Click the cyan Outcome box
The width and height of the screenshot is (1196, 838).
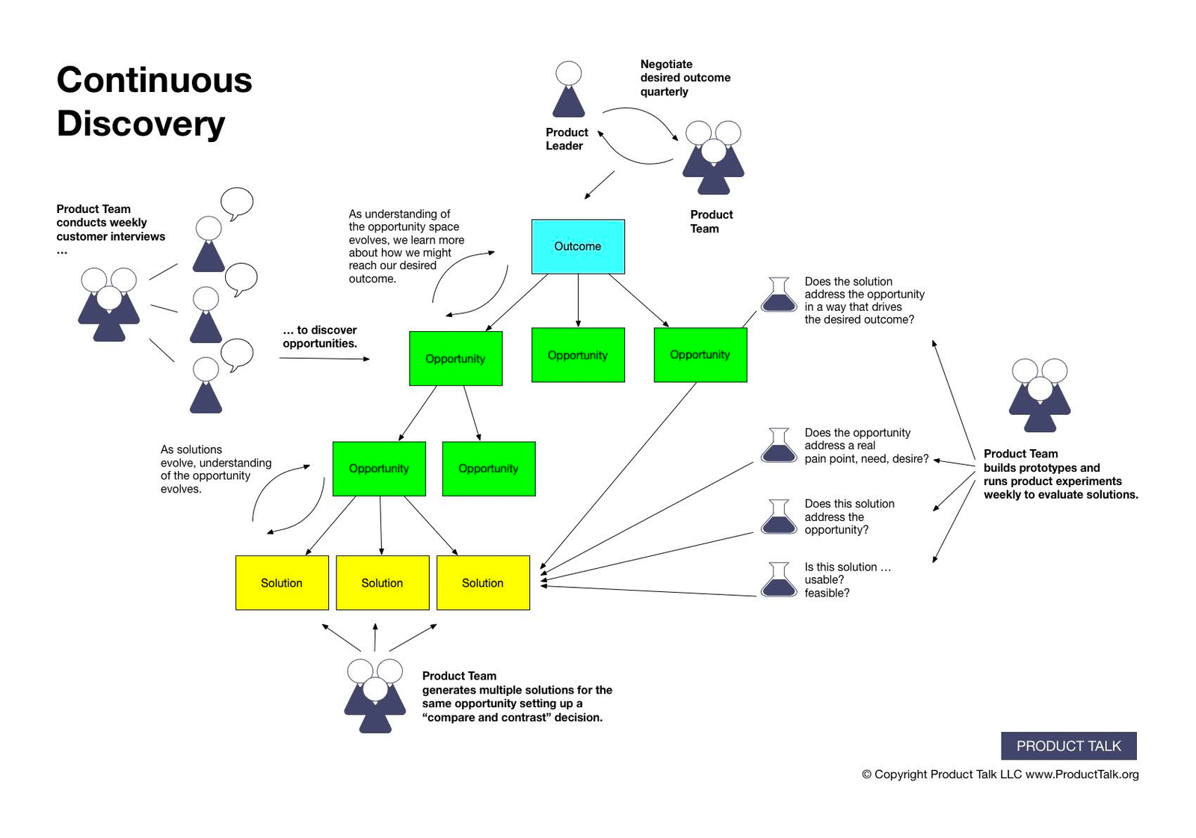tap(578, 246)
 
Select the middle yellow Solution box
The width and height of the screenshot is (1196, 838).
tap(382, 582)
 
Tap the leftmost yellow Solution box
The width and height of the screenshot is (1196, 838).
tap(282, 582)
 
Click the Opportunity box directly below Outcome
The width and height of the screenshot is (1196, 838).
tap(578, 355)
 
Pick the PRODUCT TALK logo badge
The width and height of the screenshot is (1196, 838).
tap(1068, 745)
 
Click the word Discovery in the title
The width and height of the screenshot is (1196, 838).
tap(141, 123)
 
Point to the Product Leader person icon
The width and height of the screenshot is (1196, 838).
tap(568, 90)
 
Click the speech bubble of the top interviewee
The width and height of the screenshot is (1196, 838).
tap(237, 203)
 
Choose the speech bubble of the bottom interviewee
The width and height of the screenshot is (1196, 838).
tap(237, 354)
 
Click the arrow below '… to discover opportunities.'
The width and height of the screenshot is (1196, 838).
tap(324, 359)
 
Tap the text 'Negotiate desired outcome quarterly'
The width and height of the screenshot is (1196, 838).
tap(684, 78)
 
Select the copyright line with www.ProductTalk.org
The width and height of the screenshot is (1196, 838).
tap(1000, 774)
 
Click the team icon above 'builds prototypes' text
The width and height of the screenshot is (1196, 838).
tap(1039, 395)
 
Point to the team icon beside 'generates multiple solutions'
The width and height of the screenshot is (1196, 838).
tap(374, 695)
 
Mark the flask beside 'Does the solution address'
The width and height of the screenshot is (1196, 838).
tap(779, 295)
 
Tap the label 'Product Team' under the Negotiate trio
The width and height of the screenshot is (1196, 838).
tap(710, 221)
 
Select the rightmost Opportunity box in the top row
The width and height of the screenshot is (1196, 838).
tap(700, 355)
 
